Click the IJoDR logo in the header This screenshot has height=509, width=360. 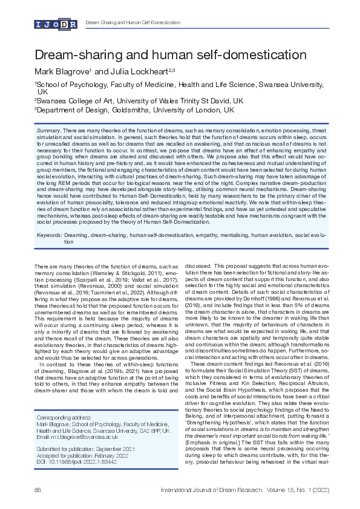click(x=56, y=24)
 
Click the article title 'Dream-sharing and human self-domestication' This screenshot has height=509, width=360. click(x=171, y=56)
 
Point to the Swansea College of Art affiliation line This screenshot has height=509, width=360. click(x=139, y=101)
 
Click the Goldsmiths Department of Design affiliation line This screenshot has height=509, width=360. click(x=134, y=111)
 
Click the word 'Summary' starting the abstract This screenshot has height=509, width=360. click(x=48, y=131)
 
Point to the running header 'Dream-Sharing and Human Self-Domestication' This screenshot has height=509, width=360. click(x=133, y=22)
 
